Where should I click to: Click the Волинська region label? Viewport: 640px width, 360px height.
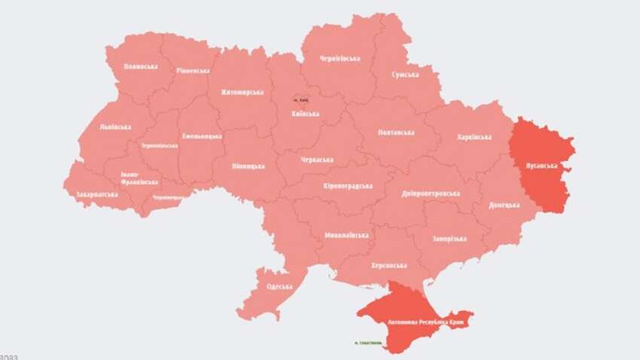click(x=141, y=66)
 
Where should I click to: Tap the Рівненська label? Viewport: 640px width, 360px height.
click(x=194, y=70)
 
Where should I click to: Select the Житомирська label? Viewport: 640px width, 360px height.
click(x=242, y=92)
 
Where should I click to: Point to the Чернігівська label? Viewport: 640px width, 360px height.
click(x=340, y=58)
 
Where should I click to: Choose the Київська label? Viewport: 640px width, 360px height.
click(x=305, y=114)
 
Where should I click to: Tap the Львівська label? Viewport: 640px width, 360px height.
click(x=115, y=127)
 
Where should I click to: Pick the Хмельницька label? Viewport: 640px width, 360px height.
click(x=202, y=136)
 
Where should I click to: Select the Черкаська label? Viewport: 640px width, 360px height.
click(x=316, y=159)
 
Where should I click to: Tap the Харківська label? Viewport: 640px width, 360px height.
click(x=474, y=137)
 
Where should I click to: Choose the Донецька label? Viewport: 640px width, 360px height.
click(x=504, y=205)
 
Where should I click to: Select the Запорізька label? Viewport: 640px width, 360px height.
click(x=449, y=238)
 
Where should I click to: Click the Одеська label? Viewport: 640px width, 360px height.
click(x=280, y=287)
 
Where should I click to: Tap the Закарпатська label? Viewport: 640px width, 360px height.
click(x=96, y=194)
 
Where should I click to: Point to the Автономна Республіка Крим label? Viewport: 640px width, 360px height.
click(x=425, y=320)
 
